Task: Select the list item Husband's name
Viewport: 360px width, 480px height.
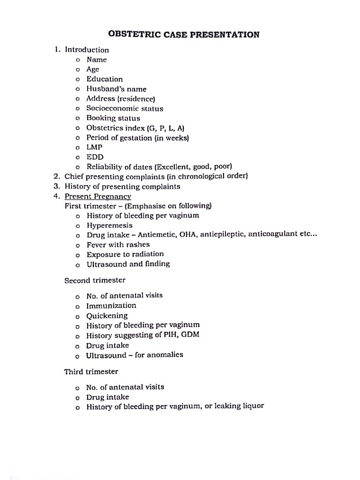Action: click(x=116, y=89)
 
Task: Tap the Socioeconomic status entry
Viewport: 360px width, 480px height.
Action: click(x=125, y=109)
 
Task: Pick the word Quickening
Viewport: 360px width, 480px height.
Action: click(x=106, y=316)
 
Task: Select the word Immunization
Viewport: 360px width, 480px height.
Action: click(x=111, y=306)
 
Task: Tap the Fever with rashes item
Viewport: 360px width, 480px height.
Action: click(x=118, y=245)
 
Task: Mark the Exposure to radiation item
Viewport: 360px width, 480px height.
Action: click(x=125, y=254)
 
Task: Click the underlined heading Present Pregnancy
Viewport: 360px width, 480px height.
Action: click(x=97, y=196)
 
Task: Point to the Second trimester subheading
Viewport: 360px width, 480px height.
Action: click(x=95, y=280)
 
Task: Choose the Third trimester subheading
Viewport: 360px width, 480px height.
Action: click(x=91, y=372)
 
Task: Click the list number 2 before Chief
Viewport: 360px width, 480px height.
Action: click(x=56, y=177)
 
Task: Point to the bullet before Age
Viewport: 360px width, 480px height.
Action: click(x=77, y=69)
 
